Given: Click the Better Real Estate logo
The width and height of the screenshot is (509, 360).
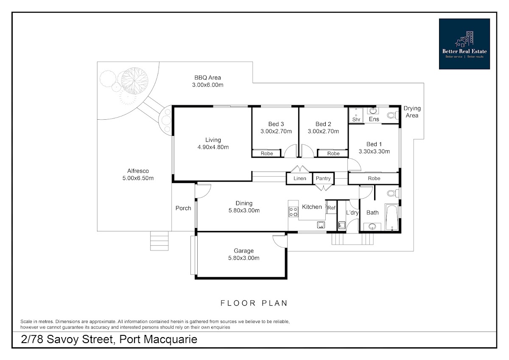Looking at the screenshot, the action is (x=464, y=44).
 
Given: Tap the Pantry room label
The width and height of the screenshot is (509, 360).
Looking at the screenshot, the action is (x=323, y=179).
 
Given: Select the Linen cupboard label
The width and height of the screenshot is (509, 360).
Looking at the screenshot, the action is (x=300, y=179).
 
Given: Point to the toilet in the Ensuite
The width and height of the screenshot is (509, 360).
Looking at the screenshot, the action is (x=393, y=115).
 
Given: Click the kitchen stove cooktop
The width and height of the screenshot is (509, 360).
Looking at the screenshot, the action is (x=294, y=212).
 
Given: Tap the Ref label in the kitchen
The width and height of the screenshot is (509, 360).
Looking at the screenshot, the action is (x=331, y=208).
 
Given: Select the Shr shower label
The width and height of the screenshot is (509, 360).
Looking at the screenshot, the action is (x=356, y=119).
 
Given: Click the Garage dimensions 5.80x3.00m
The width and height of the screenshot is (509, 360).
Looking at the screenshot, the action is (x=243, y=258).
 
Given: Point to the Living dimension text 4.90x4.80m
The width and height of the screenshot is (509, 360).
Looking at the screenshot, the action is (x=213, y=147).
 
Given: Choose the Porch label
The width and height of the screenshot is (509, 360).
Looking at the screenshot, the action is (x=183, y=208).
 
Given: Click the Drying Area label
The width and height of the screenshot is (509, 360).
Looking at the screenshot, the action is (x=412, y=112).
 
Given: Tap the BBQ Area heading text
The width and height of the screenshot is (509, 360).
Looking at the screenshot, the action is (x=207, y=78).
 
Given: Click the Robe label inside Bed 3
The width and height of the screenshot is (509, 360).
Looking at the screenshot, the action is (x=267, y=154).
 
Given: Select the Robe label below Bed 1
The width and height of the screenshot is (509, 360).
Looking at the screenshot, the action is (x=374, y=179).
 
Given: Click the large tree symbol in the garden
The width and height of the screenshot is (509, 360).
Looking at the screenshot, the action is (x=134, y=81).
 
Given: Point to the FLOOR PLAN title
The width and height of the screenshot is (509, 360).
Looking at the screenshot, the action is (x=254, y=303).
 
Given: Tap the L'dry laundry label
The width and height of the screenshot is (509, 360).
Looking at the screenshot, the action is (x=352, y=213).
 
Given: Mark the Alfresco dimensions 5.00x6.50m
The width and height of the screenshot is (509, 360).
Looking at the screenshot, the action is (x=138, y=178).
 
